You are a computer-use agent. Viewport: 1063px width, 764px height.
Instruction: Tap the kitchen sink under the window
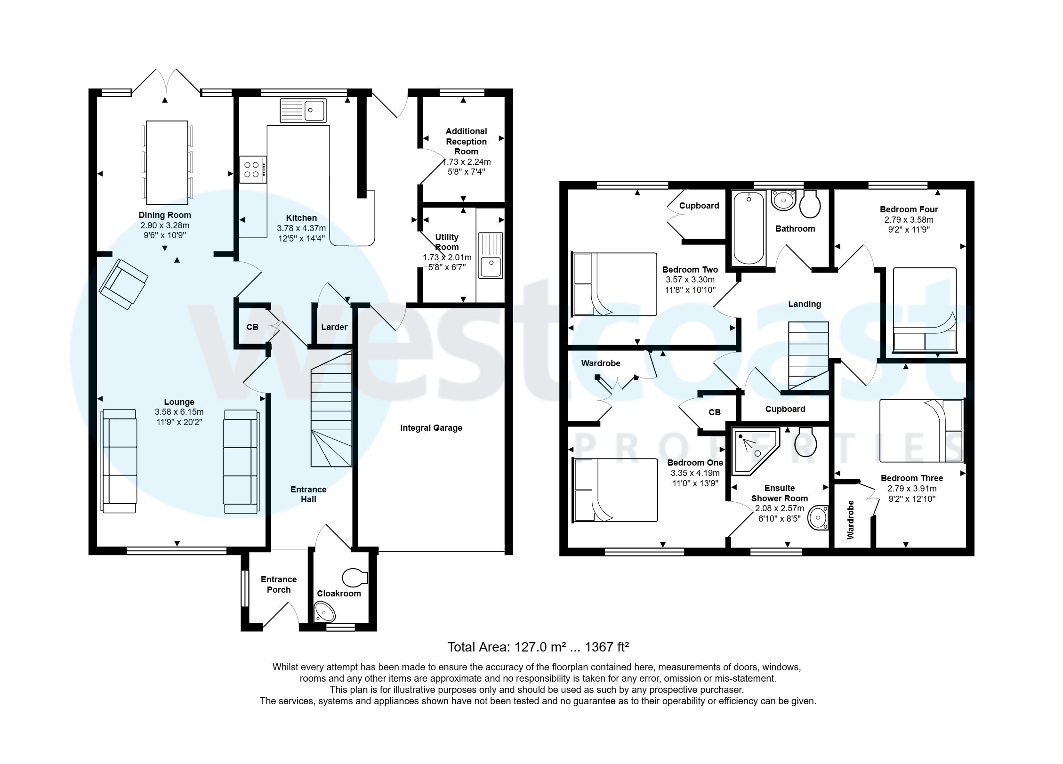coord(303,111)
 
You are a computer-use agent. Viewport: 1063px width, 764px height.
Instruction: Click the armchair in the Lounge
coord(123,284)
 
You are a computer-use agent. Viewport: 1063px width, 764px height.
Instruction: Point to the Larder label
coord(334,327)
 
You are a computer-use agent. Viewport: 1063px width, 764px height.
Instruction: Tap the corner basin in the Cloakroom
coord(324,613)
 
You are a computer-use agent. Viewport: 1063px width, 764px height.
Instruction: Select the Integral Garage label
coord(431,428)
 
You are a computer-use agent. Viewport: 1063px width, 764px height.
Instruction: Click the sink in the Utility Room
coord(491,256)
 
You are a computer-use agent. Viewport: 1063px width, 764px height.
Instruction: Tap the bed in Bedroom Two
coord(614,284)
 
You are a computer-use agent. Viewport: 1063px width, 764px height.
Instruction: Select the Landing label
coord(804,304)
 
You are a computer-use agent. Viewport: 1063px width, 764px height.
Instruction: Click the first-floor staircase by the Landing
coord(808,355)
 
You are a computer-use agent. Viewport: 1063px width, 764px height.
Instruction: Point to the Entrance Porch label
coord(279,585)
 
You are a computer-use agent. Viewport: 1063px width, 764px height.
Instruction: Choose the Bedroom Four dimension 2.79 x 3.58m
coord(908,220)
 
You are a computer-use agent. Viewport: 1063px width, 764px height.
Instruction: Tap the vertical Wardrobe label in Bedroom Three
coord(851,520)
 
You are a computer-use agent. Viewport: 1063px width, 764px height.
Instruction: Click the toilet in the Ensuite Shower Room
coord(806,442)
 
